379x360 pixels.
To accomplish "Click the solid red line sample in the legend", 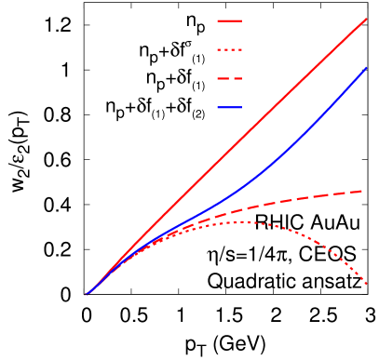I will coord(229,20).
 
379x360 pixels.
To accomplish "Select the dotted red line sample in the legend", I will coord(229,49).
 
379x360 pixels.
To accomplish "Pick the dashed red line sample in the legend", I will coord(229,78).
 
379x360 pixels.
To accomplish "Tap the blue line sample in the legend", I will coord(229,108).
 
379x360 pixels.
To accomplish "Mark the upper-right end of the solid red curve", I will coord(366,18).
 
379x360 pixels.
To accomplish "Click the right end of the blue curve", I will coord(366,68).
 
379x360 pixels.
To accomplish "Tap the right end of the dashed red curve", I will coord(363,191).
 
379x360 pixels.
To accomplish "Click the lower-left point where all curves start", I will coord(86,295).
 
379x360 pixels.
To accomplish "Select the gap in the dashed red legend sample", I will coord(230,78).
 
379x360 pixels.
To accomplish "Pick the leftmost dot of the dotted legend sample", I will coord(219,49).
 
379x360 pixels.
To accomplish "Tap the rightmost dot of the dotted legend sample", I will coord(240,49).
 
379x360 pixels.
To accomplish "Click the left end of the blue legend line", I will coord(218,108).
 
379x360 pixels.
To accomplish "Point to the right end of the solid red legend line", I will coord(241,20).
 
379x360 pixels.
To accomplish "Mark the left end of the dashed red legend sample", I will coord(218,78).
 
